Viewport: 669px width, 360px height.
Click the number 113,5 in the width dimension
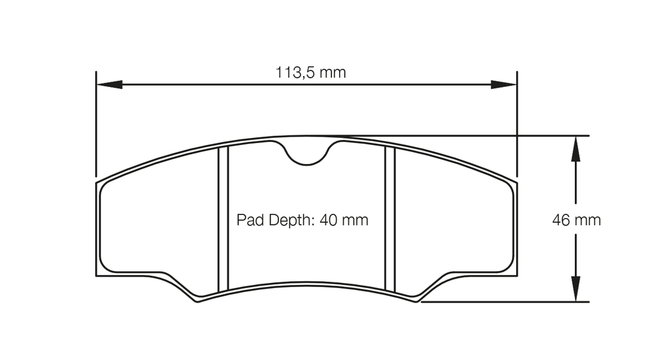[295, 73]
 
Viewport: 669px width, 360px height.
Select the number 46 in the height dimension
[561, 220]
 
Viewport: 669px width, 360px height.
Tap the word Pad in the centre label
[249, 220]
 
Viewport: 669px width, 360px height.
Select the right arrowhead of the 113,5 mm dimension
[504, 84]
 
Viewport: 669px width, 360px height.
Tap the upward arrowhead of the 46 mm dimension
[576, 148]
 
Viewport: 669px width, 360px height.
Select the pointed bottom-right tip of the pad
[419, 302]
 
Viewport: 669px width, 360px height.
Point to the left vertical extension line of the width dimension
[96, 124]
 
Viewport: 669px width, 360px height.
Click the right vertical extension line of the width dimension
[517, 124]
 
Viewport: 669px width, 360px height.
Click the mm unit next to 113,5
[333, 73]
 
